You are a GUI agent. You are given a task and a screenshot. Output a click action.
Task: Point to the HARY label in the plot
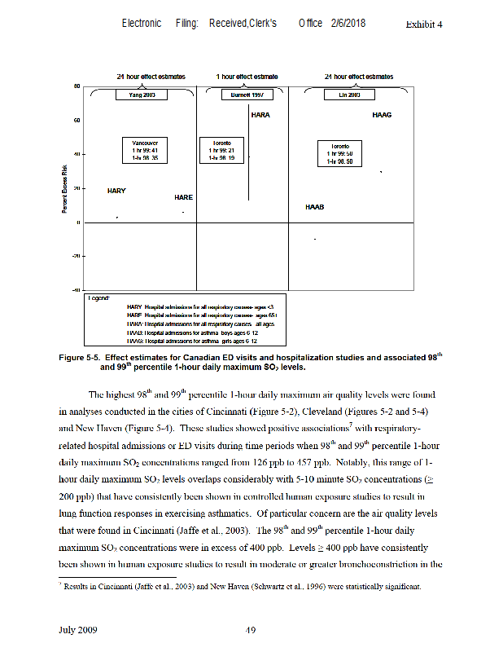pos(116,191)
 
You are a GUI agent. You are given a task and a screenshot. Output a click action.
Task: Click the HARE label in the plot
pos(183,197)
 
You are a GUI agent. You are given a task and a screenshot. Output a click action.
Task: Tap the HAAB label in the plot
pos(314,207)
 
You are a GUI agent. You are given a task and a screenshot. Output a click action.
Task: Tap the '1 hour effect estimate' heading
pos(247,77)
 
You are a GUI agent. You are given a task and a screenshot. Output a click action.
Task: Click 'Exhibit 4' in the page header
pos(423,24)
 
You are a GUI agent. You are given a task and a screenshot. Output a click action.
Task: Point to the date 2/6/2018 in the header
pos(348,23)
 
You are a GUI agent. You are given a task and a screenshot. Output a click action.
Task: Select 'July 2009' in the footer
pos(78,629)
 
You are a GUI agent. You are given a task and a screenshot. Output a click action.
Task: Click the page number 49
pos(251,629)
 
